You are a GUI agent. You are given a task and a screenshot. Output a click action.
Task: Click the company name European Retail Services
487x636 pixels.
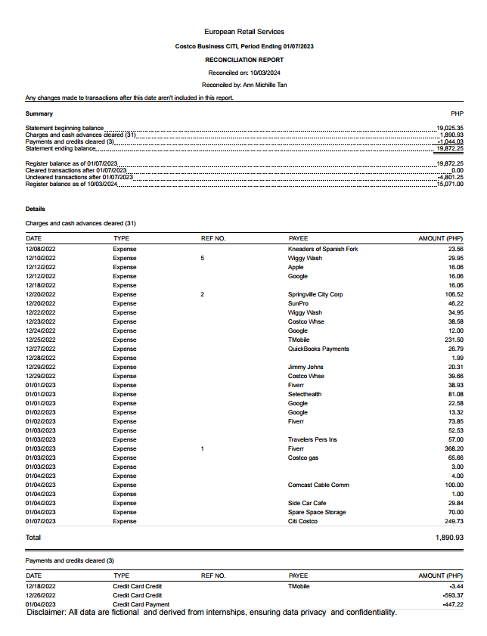[244, 32]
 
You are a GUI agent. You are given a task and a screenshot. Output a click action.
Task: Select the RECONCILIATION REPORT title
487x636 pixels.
[244, 60]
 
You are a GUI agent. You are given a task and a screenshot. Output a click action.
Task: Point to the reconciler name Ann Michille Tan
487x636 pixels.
[265, 85]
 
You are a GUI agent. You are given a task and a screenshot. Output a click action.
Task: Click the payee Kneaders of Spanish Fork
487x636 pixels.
[323, 249]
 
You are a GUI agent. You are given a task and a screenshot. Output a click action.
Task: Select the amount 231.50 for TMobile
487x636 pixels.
[454, 340]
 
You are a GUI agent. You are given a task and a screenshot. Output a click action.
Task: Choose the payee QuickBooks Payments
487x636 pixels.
[318, 349]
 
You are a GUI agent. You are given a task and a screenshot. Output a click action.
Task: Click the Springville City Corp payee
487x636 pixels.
[315, 294]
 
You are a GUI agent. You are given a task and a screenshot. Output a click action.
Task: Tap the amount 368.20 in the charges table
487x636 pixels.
[454, 448]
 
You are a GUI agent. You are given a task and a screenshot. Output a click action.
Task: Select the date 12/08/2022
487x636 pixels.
[40, 249]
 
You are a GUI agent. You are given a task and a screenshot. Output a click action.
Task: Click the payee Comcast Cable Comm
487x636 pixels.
[318, 485]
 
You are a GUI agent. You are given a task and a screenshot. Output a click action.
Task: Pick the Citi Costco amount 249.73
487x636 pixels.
[454, 521]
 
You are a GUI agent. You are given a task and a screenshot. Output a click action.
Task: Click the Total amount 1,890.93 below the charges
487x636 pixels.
[449, 537]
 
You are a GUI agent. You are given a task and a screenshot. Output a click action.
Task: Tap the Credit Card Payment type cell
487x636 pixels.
[141, 604]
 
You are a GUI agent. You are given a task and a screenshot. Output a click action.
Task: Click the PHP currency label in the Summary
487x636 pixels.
[457, 113]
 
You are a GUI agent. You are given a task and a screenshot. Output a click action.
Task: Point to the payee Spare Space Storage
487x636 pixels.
[317, 512]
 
